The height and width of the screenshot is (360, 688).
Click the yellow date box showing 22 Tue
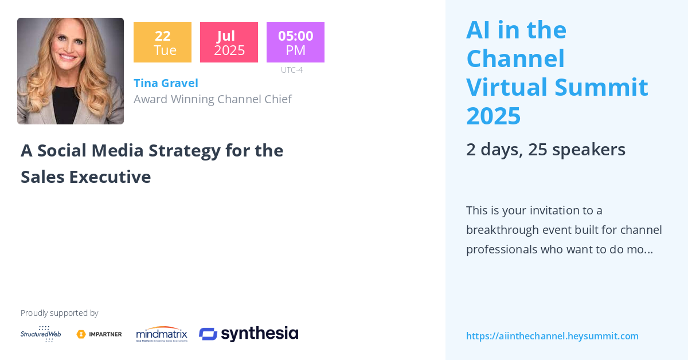[x=162, y=42]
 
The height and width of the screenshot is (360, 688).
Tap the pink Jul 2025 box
[x=229, y=42]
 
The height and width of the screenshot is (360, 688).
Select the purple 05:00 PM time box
[x=295, y=42]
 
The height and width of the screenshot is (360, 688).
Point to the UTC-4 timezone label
[x=291, y=70]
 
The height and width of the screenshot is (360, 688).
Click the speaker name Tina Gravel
[x=166, y=83]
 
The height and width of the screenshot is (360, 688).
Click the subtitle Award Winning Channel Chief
[x=213, y=99]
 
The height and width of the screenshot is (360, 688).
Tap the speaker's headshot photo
[x=71, y=71]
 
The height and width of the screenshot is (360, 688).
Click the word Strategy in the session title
[x=185, y=151]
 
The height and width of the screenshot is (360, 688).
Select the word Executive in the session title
[x=110, y=177]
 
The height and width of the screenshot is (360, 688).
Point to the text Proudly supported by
[x=59, y=313]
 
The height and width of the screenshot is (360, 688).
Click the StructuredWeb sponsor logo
[x=41, y=334]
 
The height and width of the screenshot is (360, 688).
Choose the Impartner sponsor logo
[x=99, y=334]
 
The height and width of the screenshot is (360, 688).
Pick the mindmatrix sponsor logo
[x=162, y=334]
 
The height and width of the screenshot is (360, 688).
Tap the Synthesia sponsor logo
[x=248, y=334]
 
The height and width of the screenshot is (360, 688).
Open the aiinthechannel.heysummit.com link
[x=552, y=336]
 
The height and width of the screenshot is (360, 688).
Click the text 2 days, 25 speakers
[x=546, y=150]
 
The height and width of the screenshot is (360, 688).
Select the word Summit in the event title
[x=601, y=87]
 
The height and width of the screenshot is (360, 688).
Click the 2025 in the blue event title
[x=493, y=116]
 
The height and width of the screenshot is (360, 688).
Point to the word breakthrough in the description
[x=502, y=230]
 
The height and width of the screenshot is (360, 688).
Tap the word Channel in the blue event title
[x=515, y=58]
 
